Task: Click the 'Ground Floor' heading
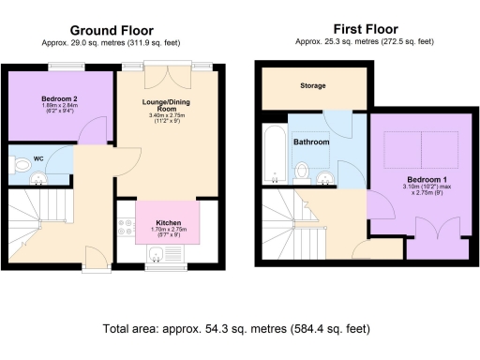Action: coord(112,31)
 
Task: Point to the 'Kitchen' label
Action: coord(169,223)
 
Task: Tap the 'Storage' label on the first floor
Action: coord(313,85)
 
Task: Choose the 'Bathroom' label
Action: coord(310,142)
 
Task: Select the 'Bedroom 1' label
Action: coord(426,179)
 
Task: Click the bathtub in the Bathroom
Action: coord(274,152)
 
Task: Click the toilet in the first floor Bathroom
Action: coord(302,172)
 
